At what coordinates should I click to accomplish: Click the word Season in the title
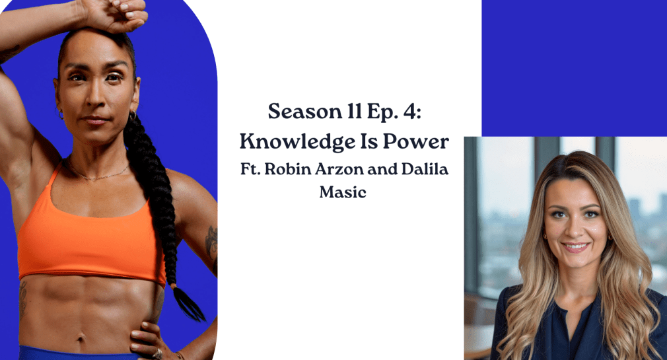coord(305,112)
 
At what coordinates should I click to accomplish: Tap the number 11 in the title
coord(354,112)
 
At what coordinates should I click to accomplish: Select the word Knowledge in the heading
coord(297,142)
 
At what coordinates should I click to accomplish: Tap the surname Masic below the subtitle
coord(343,192)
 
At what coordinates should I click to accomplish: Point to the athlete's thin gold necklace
coord(98,174)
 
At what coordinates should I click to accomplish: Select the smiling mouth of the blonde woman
coord(575,247)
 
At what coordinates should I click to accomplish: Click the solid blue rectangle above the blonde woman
coord(575,68)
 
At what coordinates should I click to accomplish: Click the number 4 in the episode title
coord(411,112)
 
